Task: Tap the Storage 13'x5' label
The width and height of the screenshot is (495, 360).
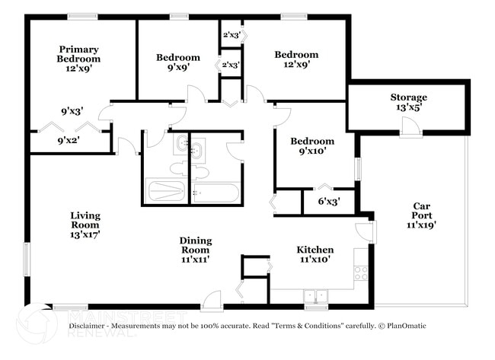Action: pos(408,102)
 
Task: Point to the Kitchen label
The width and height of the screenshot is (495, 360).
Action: pos(315,254)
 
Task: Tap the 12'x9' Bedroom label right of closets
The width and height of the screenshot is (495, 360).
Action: pos(296,59)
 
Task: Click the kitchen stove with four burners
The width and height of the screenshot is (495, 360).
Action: pos(361,272)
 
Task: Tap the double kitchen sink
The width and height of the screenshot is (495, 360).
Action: pos(315,295)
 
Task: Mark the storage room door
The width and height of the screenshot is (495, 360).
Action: pos(411,131)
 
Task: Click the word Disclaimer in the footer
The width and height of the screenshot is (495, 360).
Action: pos(90,326)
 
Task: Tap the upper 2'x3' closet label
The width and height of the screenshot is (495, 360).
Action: pos(230,34)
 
